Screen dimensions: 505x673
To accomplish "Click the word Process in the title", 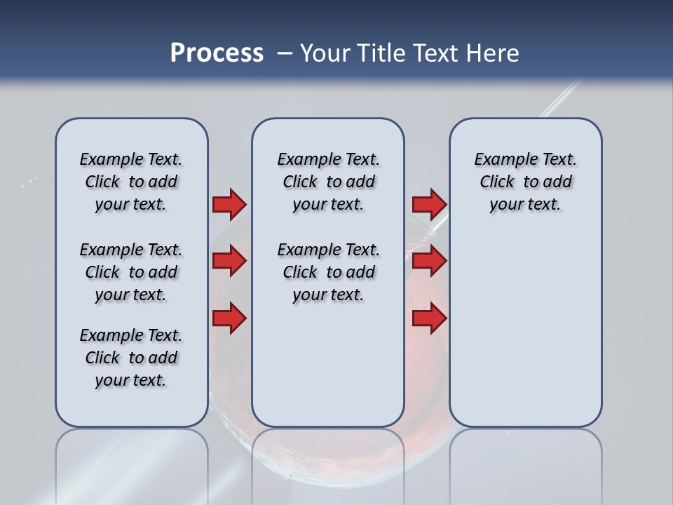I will tap(217, 53).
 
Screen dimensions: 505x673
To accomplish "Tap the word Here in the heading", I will tap(492, 53).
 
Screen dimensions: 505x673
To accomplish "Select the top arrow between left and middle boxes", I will tap(229, 204).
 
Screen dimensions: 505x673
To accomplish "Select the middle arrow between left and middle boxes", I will tap(229, 262).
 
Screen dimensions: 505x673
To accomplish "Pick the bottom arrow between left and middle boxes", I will tap(229, 318).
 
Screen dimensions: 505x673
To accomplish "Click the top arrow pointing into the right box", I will tap(429, 204).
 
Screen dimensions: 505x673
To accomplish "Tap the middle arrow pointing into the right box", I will tap(429, 262).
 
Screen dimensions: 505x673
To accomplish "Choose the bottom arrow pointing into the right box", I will tap(429, 318).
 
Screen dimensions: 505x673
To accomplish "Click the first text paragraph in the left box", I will tap(131, 182).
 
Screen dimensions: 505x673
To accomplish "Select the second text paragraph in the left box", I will tap(131, 272).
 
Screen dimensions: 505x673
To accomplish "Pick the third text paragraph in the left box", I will tap(131, 358).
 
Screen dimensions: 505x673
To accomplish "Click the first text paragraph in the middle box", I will tap(328, 182).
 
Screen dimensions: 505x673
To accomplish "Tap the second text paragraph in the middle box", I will tap(328, 272).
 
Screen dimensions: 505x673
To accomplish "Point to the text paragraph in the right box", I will tap(525, 182).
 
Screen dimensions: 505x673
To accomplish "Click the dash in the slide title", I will tap(285, 53).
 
